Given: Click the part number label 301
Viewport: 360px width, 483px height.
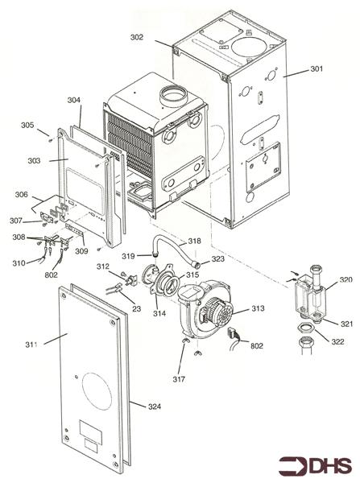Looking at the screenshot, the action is (317, 68).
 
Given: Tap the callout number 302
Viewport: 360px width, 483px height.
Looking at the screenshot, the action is (137, 37).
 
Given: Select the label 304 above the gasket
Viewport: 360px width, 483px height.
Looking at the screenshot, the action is (74, 100).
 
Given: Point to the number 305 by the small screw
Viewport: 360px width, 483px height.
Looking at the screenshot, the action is (27, 126).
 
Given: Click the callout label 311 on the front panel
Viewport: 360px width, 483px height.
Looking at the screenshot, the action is (31, 345).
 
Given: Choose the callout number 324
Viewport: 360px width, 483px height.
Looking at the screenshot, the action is (155, 407).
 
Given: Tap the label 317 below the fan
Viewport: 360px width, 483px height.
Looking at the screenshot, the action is (179, 379).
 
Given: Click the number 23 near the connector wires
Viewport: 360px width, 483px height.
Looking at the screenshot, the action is (136, 308).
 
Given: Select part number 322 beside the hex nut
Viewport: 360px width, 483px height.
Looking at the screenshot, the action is (337, 341).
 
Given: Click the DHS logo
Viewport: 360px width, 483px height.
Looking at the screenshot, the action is (315, 465).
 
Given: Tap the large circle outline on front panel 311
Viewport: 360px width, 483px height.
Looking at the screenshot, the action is (97, 391).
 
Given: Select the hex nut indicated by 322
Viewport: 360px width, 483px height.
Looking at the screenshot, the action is (305, 328).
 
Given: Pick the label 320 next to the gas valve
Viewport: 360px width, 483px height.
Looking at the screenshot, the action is (346, 279).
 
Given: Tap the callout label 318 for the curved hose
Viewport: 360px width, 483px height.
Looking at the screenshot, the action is (194, 241).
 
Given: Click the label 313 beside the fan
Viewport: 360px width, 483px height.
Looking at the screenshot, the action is (258, 308).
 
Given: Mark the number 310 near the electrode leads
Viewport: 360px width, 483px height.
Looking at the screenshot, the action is (19, 263).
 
